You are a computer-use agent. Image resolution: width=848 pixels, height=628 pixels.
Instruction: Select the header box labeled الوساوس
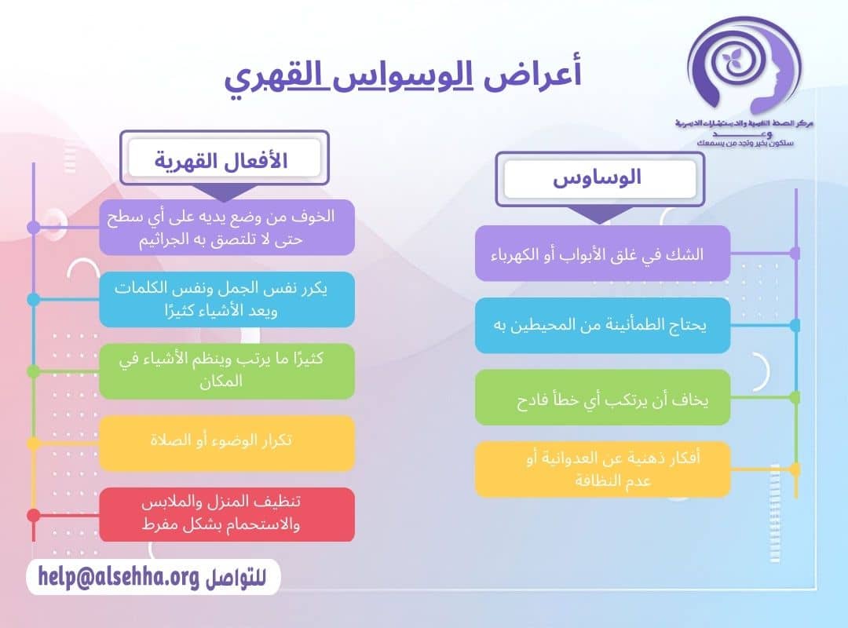click(x=598, y=178)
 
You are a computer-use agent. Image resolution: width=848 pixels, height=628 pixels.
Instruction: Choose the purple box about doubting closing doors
click(x=602, y=254)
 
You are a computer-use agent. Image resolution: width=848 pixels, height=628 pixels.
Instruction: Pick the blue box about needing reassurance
click(x=602, y=325)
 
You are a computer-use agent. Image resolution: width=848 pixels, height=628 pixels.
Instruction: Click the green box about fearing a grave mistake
click(x=602, y=397)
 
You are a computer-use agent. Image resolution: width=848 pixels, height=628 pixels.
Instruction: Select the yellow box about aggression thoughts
click(x=602, y=469)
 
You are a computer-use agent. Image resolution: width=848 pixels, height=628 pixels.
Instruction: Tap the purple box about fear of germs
click(x=227, y=227)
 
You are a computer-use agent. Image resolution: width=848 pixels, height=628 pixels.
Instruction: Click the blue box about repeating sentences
click(x=227, y=299)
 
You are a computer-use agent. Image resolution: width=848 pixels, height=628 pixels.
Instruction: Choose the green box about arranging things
click(x=227, y=371)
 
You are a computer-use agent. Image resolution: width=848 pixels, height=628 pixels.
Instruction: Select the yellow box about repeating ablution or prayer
click(x=227, y=443)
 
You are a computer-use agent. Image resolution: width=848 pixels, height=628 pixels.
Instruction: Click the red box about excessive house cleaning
click(x=227, y=515)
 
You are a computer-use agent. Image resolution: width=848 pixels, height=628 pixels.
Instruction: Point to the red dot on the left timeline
click(x=33, y=516)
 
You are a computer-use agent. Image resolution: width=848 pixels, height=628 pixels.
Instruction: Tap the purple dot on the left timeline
click(x=33, y=227)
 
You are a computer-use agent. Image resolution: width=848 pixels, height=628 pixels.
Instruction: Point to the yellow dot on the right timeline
click(x=795, y=469)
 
